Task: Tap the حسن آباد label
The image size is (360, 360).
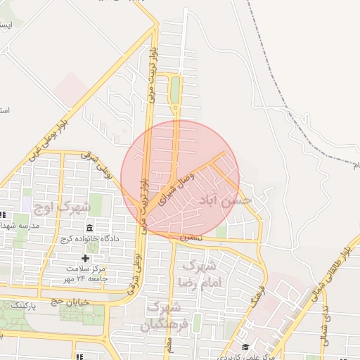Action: [x=226, y=200]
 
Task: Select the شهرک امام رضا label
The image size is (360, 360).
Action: [x=202, y=274]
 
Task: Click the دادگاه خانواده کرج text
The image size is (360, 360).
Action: [x=91, y=239]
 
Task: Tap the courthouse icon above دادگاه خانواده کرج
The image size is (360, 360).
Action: [x=90, y=228]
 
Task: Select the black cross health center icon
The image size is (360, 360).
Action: [x=86, y=258]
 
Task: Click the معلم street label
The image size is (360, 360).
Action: [x=169, y=345]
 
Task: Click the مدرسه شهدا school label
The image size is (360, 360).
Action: [x=27, y=226]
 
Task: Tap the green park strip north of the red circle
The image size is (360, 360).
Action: [x=174, y=90]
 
